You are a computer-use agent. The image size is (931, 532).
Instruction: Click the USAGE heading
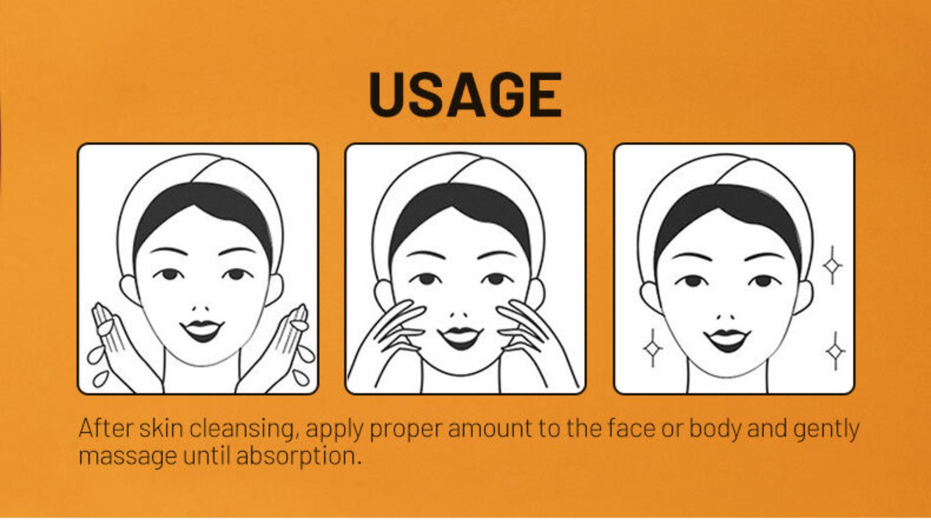pos(465,95)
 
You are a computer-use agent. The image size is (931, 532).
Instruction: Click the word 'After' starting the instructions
pos(106,428)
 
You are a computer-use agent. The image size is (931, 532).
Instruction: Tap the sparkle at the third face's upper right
pos(832,266)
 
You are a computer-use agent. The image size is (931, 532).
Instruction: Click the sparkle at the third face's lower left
pos(653,348)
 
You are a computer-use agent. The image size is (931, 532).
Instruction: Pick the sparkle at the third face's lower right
pos(835,351)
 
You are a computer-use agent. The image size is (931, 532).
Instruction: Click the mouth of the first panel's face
pos(202,331)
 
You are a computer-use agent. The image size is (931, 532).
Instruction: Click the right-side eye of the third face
pos(763,281)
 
